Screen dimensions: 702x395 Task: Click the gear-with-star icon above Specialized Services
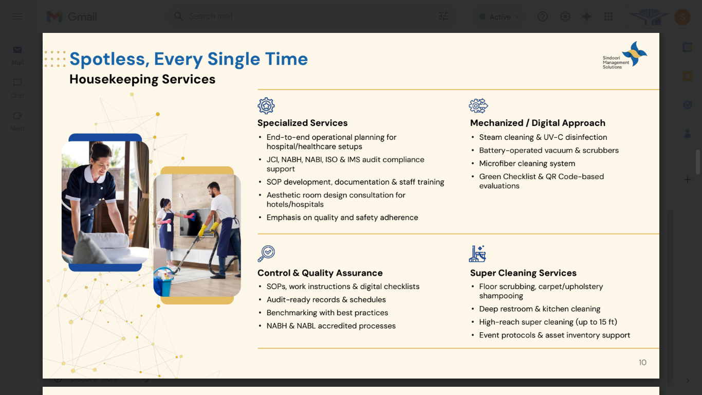click(266, 106)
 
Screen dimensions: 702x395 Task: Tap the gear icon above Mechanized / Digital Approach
click(478, 106)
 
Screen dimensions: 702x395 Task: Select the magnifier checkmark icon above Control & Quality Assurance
click(266, 254)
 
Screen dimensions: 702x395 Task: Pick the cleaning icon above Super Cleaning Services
click(477, 254)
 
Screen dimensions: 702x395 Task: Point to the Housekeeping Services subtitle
click(142, 79)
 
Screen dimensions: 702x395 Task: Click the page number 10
click(642, 363)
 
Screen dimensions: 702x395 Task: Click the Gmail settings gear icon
click(565, 16)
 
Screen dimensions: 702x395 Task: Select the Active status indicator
click(500, 17)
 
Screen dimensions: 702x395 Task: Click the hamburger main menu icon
click(17, 16)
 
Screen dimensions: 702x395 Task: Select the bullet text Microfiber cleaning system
click(527, 164)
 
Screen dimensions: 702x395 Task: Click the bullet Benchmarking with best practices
click(327, 313)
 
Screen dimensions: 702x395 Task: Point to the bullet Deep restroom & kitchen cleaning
click(540, 309)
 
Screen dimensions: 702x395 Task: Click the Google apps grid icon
click(608, 16)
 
